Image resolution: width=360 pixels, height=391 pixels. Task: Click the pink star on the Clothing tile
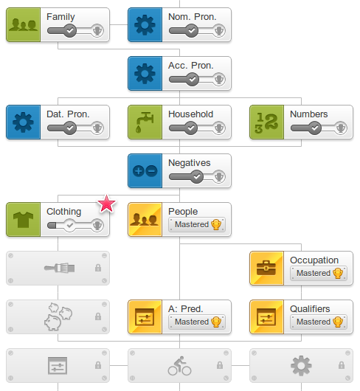coord(106,204)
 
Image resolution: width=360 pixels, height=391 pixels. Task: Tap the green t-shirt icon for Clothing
coord(23,220)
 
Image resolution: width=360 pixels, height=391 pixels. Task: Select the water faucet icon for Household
coord(145,122)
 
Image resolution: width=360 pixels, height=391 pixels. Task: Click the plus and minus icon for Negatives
coord(145,171)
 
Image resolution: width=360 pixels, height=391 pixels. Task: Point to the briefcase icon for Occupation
coord(266,268)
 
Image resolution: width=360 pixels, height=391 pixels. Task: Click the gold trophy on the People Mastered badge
coord(216,224)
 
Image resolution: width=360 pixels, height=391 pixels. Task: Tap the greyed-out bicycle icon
coord(179,366)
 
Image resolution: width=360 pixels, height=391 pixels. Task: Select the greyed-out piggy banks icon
coord(58,316)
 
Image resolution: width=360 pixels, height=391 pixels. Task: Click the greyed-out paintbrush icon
coord(59,268)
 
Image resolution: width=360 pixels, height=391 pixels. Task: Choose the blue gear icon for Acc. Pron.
coord(145,74)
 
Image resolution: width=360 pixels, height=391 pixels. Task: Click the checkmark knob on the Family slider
coord(70,31)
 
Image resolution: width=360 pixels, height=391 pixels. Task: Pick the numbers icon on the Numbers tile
coord(266,122)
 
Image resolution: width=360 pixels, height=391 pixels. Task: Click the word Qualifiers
coord(310,308)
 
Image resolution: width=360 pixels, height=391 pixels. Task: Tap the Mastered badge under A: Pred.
coord(197,322)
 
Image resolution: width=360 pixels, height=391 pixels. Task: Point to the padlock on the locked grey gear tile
coord(342,365)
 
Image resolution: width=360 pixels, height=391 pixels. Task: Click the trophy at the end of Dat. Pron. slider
coord(97,128)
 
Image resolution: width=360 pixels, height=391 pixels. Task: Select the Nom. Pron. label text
coord(193,17)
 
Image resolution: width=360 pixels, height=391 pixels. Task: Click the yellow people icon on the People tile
coord(145,219)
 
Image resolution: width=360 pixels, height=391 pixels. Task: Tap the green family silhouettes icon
coord(23,25)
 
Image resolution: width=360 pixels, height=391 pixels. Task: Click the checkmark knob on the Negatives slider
coord(197,177)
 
